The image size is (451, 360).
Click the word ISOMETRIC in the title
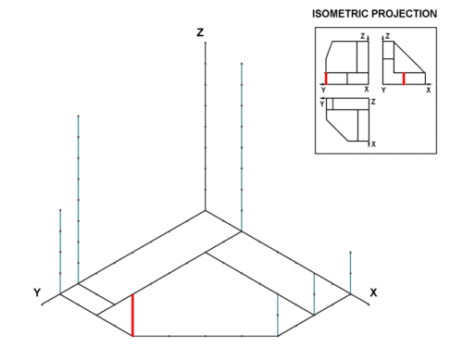point(340,14)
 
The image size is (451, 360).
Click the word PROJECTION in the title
point(404,14)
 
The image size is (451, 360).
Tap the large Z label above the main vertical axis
point(200,32)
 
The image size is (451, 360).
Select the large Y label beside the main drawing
point(37,292)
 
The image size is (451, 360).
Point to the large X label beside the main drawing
point(373,292)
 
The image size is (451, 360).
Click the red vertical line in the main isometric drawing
point(132,315)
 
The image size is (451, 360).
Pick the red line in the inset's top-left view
point(326,79)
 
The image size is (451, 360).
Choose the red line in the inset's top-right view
point(404,79)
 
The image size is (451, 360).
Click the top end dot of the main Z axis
point(206,43)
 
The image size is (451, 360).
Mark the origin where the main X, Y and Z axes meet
point(206,211)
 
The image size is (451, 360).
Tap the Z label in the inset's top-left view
point(363,36)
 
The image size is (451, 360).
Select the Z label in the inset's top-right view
point(388,36)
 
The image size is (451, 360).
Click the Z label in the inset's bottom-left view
point(373,102)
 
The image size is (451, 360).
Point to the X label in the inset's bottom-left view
point(373,144)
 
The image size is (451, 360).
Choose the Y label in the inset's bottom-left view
point(322,104)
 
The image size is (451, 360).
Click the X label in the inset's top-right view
point(429,90)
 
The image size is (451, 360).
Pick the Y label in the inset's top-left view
point(323,90)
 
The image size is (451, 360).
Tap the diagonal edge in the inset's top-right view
point(409,57)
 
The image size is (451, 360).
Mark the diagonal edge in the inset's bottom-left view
point(337,130)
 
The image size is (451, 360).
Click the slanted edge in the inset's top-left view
point(329,50)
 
